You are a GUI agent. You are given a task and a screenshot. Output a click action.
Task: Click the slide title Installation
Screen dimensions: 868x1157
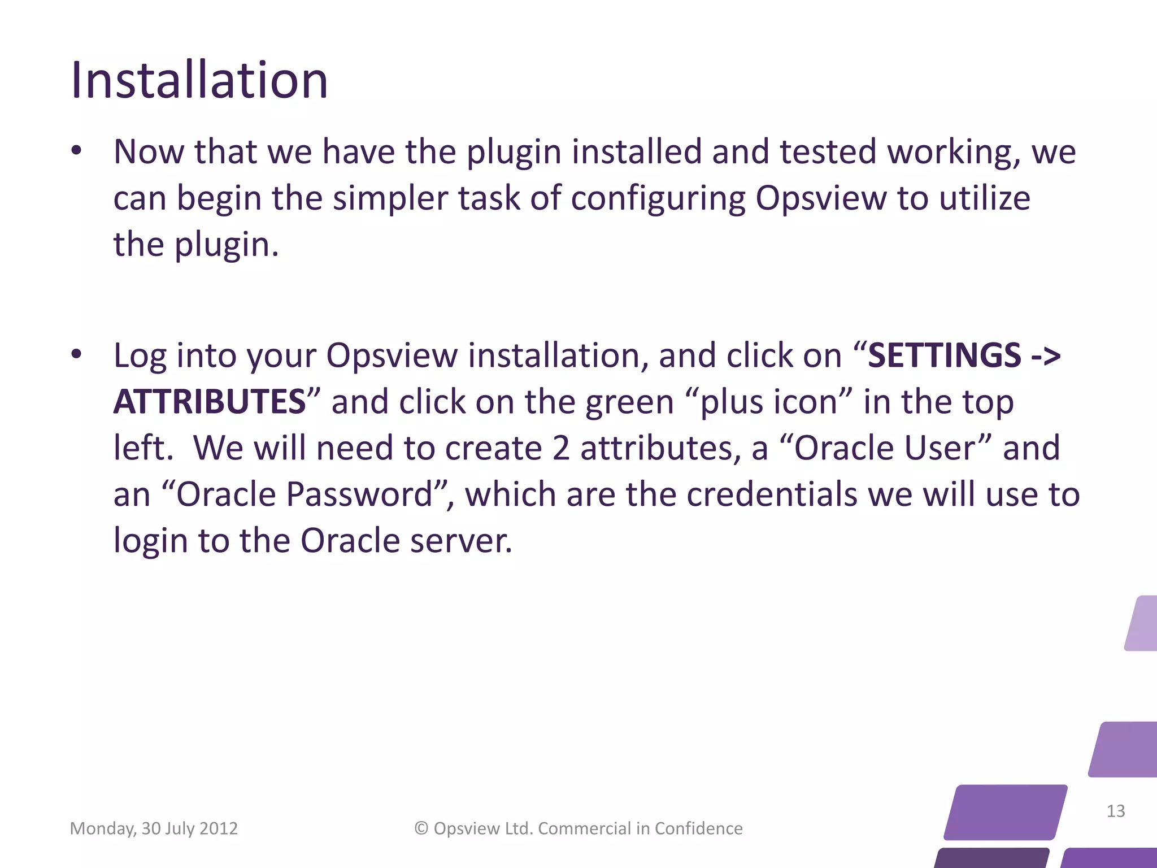tap(199, 80)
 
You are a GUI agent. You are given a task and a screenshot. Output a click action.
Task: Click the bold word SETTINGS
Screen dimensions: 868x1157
tap(944, 355)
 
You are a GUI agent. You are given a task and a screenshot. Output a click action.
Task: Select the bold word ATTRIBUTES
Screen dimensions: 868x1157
tap(210, 402)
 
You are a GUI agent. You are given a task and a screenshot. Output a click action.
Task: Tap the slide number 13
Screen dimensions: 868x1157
tap(1115, 811)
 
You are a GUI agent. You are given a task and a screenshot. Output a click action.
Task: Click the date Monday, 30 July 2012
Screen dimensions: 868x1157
tap(154, 828)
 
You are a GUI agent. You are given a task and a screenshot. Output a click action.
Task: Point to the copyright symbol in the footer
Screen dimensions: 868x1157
tap(421, 828)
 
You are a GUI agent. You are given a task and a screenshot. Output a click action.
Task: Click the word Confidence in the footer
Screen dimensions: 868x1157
tap(698, 828)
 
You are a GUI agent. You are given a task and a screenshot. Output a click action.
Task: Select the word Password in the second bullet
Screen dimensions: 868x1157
tap(359, 494)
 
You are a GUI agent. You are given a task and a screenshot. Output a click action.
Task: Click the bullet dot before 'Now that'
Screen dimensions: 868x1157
tap(76, 151)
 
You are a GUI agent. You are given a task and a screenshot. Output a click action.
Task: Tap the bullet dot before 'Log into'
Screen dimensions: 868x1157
tap(76, 355)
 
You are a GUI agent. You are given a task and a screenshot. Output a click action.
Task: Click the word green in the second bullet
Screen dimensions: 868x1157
tap(629, 403)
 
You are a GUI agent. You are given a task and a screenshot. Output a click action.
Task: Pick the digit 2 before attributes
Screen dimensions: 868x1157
tap(560, 448)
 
